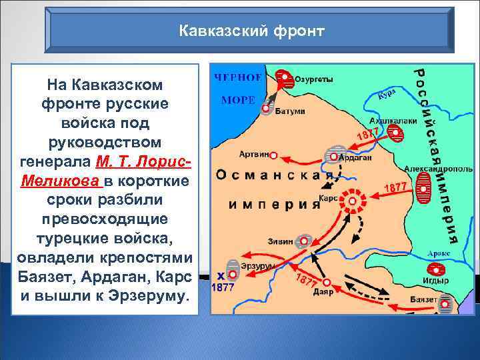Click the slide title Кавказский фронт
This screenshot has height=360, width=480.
(253, 31)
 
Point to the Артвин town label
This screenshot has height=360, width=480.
(254, 154)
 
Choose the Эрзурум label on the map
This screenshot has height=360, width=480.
(255, 266)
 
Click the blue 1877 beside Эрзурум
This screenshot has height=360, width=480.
(223, 289)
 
